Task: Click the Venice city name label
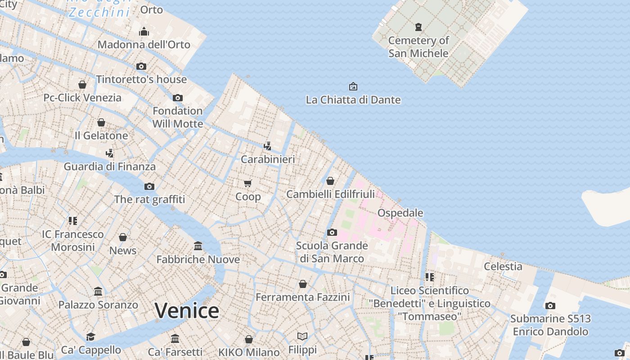(187, 311)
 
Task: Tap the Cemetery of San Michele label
(418, 47)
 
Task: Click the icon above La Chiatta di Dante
(353, 86)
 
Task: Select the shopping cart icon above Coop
(248, 183)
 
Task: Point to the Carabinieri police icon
(268, 146)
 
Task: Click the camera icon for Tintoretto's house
(141, 66)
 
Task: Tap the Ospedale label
(400, 213)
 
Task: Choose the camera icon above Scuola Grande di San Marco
(332, 232)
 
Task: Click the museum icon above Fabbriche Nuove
(198, 246)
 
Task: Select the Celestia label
(503, 266)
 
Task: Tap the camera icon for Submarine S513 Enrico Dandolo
(550, 306)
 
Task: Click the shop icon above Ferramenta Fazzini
(303, 284)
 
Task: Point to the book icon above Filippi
(302, 336)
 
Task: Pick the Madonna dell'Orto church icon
(144, 31)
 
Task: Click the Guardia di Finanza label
(110, 166)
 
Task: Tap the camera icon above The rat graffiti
(149, 186)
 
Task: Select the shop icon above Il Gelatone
(101, 122)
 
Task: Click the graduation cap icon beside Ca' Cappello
(91, 337)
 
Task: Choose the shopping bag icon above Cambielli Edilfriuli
(330, 181)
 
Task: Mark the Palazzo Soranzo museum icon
(98, 291)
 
